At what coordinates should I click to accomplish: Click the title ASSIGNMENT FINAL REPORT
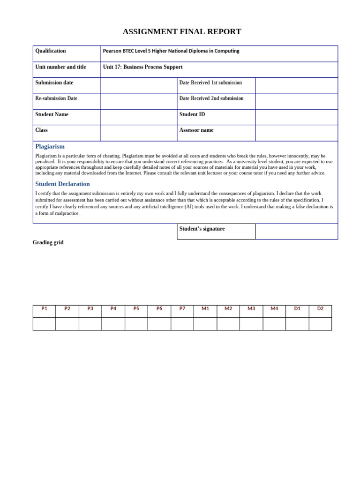[x=182, y=32]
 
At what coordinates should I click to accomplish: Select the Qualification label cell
[x=67, y=53]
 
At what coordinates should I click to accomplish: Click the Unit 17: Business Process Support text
[x=142, y=67]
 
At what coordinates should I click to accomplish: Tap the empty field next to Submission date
[x=139, y=85]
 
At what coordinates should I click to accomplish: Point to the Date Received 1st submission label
[x=210, y=83]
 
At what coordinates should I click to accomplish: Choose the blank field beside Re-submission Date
[x=139, y=101]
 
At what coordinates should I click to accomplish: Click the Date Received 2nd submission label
[x=211, y=98]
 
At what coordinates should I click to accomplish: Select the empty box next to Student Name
[x=139, y=117]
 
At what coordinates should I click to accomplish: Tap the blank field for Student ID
[x=296, y=117]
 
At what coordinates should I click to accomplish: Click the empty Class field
[x=139, y=133]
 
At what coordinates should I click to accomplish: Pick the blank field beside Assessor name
[x=296, y=133]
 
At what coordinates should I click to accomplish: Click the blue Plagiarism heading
[x=50, y=147]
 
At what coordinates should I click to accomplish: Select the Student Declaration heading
[x=62, y=184]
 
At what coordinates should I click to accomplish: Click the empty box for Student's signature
[x=296, y=232]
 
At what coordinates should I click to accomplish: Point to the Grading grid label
[x=48, y=243]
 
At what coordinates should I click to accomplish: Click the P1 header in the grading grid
[x=45, y=309]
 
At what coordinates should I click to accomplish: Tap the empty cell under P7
[x=182, y=324]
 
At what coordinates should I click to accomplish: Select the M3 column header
[x=251, y=309]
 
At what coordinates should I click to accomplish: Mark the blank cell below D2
[x=320, y=324]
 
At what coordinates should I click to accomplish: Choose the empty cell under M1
[x=205, y=324]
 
